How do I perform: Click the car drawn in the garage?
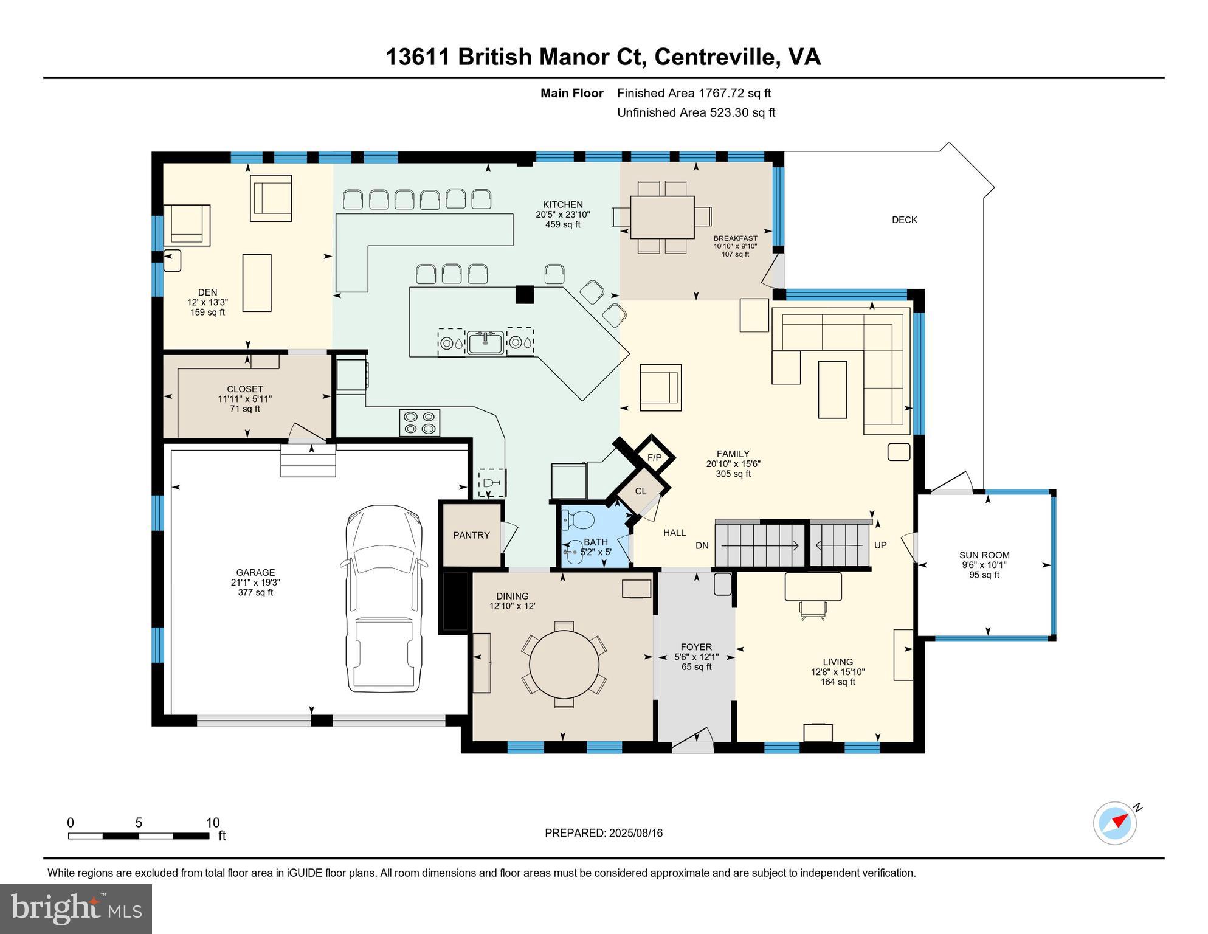[x=383, y=598]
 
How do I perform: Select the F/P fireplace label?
[x=654, y=458]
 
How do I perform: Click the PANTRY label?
[x=471, y=536]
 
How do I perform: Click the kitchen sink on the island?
[x=485, y=342]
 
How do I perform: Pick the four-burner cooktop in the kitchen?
[x=419, y=423]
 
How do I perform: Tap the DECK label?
[x=904, y=220]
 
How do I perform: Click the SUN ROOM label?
[x=984, y=555]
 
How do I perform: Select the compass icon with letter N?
[x=1115, y=823]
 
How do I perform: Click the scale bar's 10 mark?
[x=212, y=823]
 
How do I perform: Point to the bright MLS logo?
[x=76, y=908]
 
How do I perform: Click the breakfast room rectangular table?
[x=662, y=217]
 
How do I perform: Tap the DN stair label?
[x=702, y=546]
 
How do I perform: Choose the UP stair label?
[x=880, y=545]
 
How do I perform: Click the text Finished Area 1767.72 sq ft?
[x=694, y=93]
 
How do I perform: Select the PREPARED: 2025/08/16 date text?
[x=603, y=833]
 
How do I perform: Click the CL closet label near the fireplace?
[x=641, y=491]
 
